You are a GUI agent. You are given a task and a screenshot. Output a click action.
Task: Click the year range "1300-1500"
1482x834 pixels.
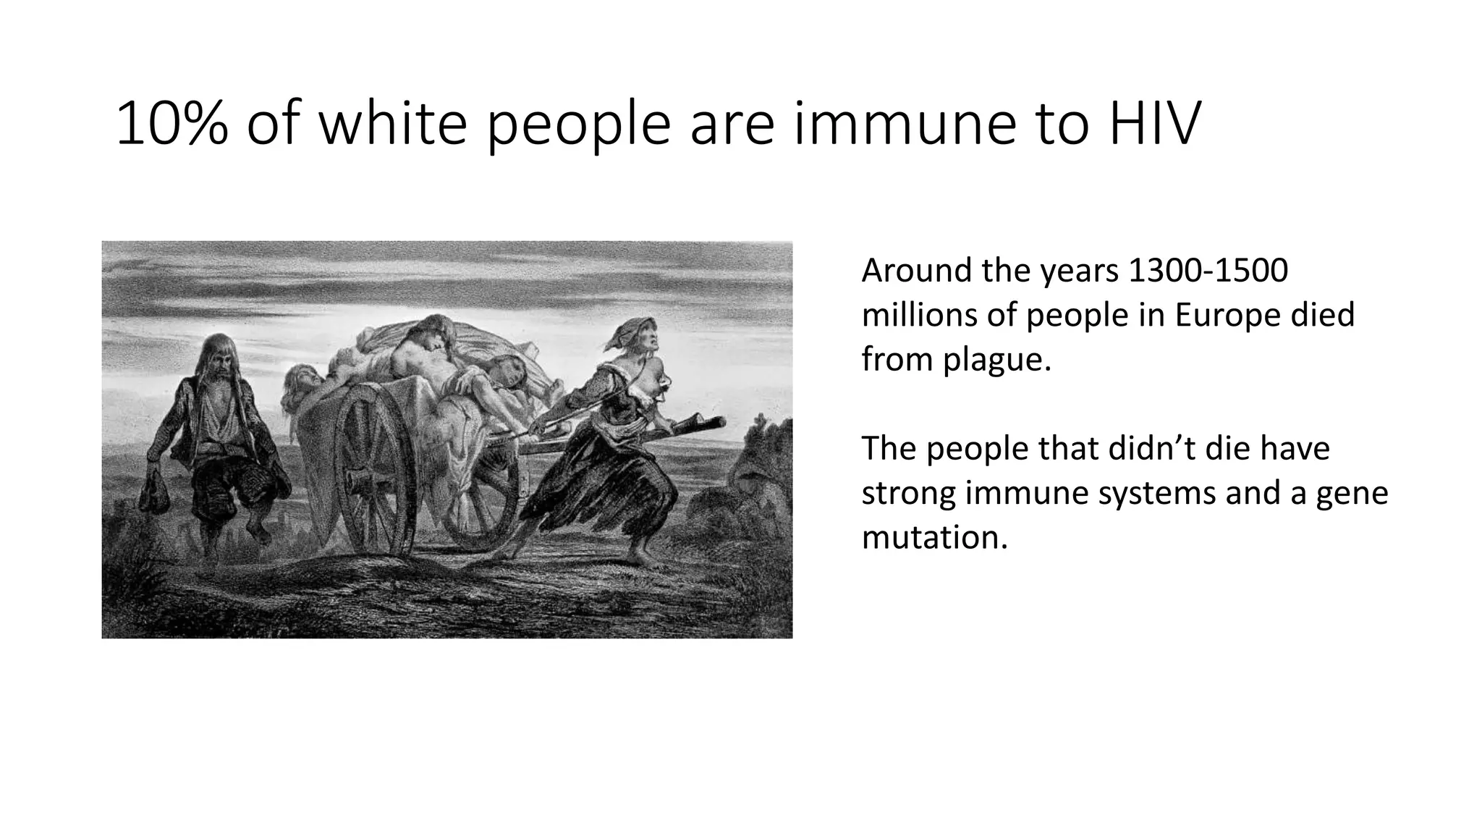pos(1208,271)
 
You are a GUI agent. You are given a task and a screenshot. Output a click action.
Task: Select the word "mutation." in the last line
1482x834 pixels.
pos(934,538)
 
